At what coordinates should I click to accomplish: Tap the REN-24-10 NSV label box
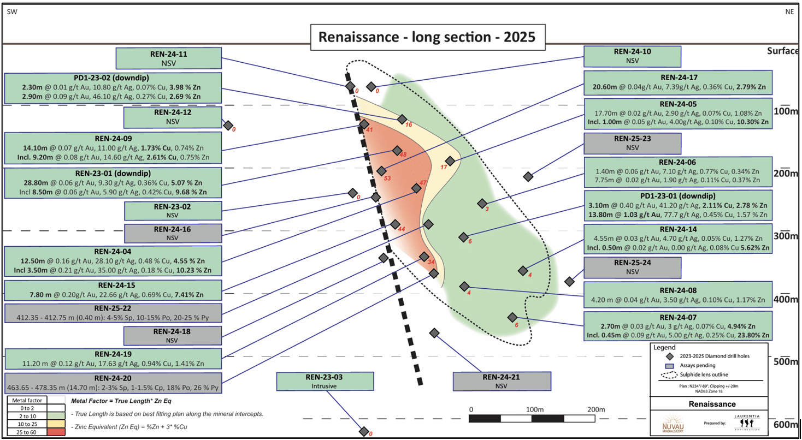pyautogui.click(x=632, y=57)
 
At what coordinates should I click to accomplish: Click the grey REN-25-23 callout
pyautogui.click(x=632, y=143)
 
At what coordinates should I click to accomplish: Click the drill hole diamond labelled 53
pyautogui.click(x=382, y=171)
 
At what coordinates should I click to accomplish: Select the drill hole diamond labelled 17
pyautogui.click(x=450, y=161)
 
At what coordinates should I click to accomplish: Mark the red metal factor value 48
pyautogui.click(x=403, y=154)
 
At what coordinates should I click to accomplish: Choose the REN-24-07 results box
pyautogui.click(x=678, y=325)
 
